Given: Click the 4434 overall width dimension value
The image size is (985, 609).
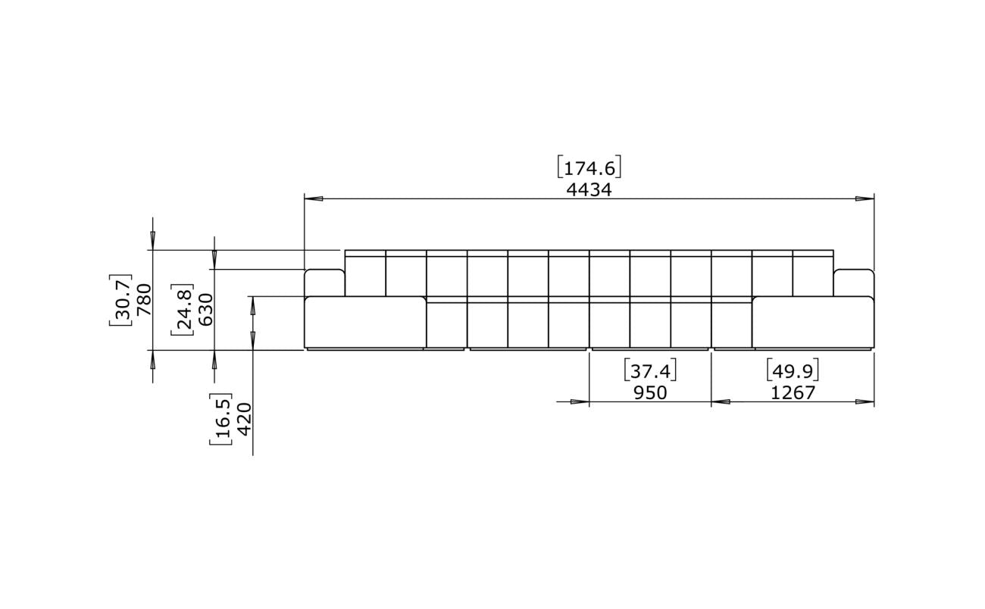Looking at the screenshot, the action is [x=589, y=189].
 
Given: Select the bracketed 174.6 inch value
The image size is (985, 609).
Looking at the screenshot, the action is [x=589, y=167].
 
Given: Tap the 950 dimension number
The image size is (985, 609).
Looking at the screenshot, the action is [x=650, y=392].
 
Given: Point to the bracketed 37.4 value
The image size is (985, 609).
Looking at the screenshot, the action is [x=650, y=370].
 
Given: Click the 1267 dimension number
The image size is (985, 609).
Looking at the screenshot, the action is [x=793, y=392].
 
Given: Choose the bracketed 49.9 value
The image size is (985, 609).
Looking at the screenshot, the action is [x=793, y=370].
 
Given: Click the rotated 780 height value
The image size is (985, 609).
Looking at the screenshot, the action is [x=144, y=300].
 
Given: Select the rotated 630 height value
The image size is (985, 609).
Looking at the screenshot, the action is [x=205, y=310].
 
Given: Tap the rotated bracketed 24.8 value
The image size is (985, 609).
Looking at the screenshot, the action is [x=183, y=310].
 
